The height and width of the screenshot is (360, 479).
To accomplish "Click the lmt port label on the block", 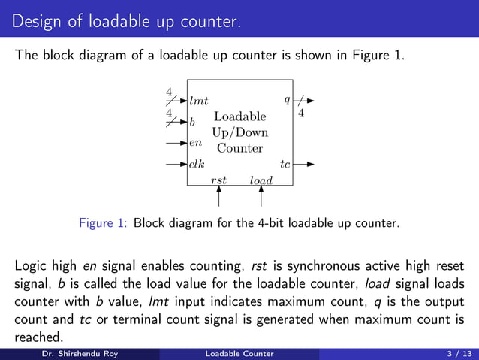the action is pyautogui.click(x=199, y=100).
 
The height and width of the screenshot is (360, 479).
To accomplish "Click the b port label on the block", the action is pyautogui.click(x=192, y=121).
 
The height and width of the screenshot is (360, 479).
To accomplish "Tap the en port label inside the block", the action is pyautogui.click(x=195, y=142).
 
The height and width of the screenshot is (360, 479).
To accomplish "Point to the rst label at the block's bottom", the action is pyautogui.click(x=218, y=180).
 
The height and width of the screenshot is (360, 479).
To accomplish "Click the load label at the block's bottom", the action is pyautogui.click(x=261, y=180).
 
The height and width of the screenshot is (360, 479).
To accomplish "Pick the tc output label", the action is pyautogui.click(x=285, y=163).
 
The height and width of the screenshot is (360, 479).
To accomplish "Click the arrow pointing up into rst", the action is pyautogui.click(x=218, y=196).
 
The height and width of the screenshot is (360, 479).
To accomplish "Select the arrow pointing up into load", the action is pyautogui.click(x=261, y=196).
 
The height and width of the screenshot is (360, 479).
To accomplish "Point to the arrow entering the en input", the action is pyautogui.click(x=176, y=142).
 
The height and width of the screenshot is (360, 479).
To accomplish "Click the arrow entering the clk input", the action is pyautogui.click(x=176, y=163).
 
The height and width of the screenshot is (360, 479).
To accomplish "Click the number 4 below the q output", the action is pyautogui.click(x=301, y=113).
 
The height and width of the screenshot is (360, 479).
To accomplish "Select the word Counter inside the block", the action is pyautogui.click(x=239, y=148).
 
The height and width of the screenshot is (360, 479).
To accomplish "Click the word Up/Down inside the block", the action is pyautogui.click(x=239, y=132).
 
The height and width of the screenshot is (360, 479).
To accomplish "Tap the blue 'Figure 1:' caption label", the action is pyautogui.click(x=104, y=223).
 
